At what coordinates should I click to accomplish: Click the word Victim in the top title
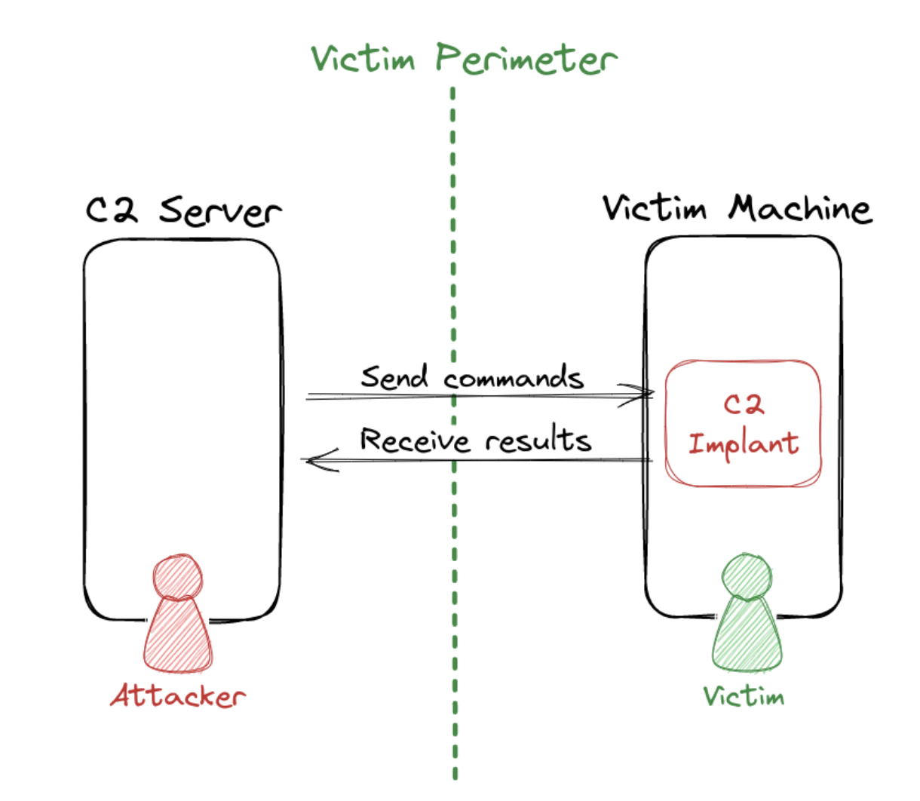pyautogui.click(x=363, y=59)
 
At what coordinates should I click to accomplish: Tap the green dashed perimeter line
pyautogui.click(x=454, y=226)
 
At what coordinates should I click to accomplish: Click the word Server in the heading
pyautogui.click(x=219, y=211)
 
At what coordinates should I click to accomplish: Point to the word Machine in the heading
pyautogui.click(x=799, y=209)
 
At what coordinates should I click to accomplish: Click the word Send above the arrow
pyautogui.click(x=394, y=376)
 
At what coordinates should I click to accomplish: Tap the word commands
pyautogui.click(x=514, y=378)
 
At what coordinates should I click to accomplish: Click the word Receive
pyautogui.click(x=415, y=440)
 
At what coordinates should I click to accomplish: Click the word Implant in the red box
pyautogui.click(x=743, y=443)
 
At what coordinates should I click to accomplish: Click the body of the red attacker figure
pyautogui.click(x=178, y=637)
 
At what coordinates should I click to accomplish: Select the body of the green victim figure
pyautogui.click(x=747, y=637)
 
